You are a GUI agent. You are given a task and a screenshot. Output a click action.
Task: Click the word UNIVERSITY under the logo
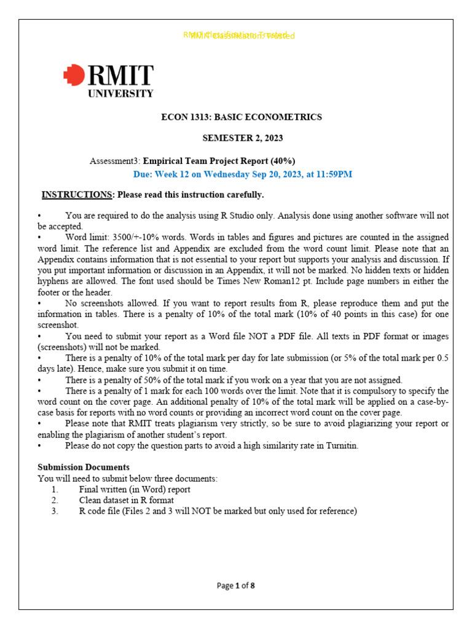coord(120,94)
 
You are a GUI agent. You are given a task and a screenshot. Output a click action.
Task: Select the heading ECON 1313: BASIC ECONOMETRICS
coord(241,117)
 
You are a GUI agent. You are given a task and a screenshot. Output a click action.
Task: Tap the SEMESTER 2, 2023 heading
coord(243,138)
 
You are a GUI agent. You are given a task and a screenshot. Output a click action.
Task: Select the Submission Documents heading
coord(84,467)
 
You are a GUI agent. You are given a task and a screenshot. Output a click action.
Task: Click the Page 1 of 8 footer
coord(236,585)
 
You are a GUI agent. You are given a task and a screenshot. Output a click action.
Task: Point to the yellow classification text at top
coord(239,36)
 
